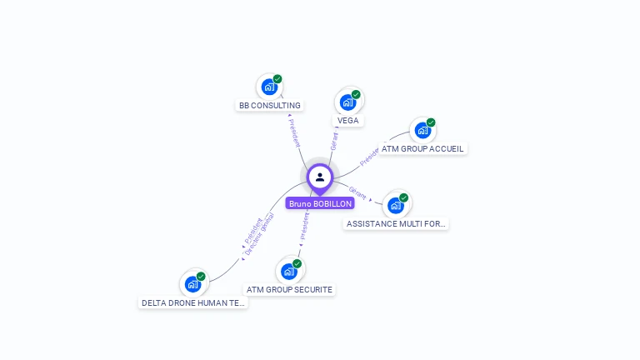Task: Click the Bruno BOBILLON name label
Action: tap(320, 203)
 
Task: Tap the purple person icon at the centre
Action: tap(320, 177)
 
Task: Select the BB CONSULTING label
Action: tap(269, 106)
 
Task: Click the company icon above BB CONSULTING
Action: tap(268, 87)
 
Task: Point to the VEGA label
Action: tap(347, 120)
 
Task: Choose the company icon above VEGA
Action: tap(347, 102)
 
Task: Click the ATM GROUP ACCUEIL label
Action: tap(422, 148)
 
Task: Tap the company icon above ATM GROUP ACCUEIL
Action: tap(422, 130)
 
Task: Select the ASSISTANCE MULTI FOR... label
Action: tap(396, 223)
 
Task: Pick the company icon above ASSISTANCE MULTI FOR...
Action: tap(395, 205)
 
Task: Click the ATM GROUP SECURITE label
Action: tap(289, 289)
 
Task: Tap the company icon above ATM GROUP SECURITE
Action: tap(289, 271)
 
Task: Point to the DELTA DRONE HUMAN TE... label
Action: tap(193, 303)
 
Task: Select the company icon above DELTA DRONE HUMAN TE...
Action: tap(192, 284)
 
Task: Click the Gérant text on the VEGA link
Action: tap(334, 141)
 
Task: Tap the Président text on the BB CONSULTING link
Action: tap(293, 132)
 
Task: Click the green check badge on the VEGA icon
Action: tap(356, 94)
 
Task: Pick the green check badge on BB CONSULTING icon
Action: tap(277, 79)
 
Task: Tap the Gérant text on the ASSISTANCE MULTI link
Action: tap(357, 192)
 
